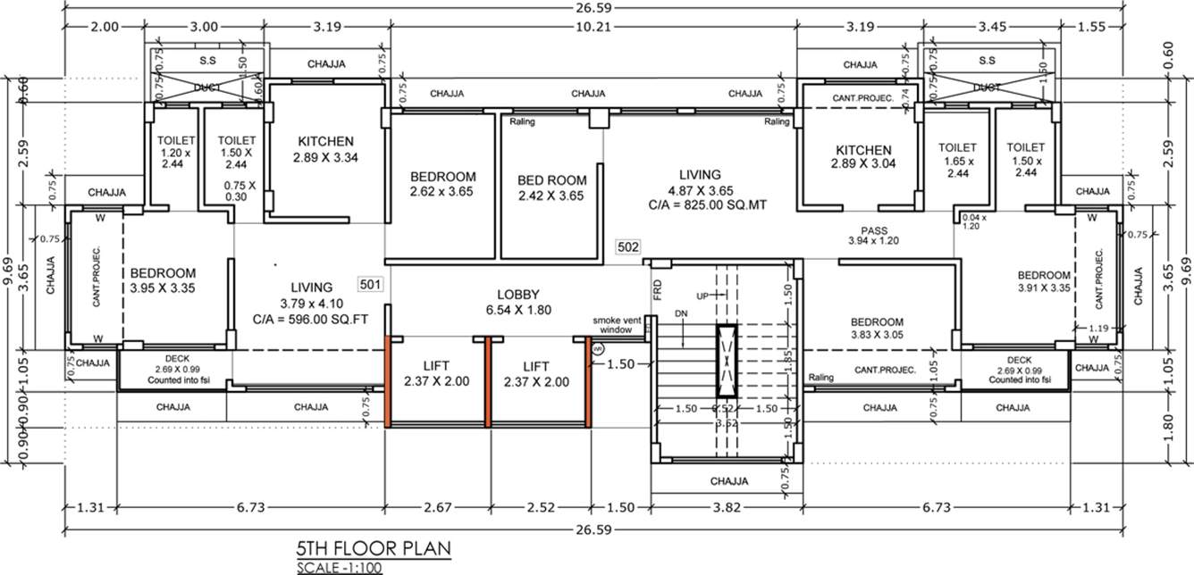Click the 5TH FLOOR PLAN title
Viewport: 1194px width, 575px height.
coord(374,547)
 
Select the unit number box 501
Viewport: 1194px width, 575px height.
coord(371,285)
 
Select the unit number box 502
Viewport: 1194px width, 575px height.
coord(627,246)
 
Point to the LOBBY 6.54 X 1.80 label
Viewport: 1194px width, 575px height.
coord(519,302)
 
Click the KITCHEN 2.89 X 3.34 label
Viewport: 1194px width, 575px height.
coord(325,149)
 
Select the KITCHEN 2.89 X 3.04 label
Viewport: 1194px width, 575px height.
coord(862,156)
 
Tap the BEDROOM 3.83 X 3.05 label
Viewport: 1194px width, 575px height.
coord(876,329)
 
